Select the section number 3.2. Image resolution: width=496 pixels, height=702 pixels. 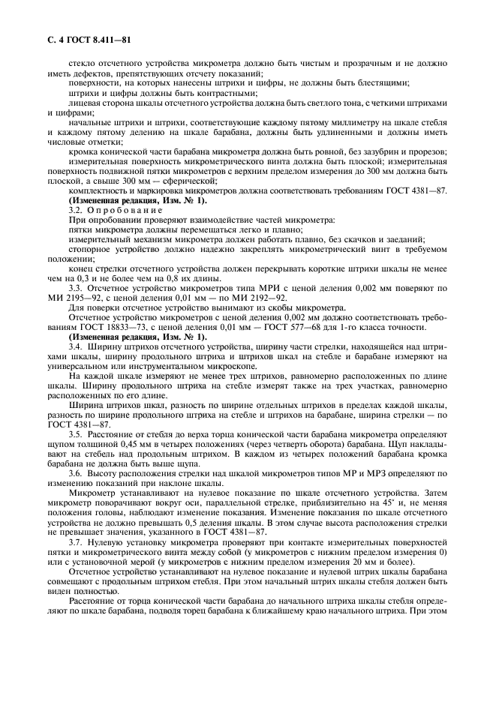[x=75, y=211]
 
